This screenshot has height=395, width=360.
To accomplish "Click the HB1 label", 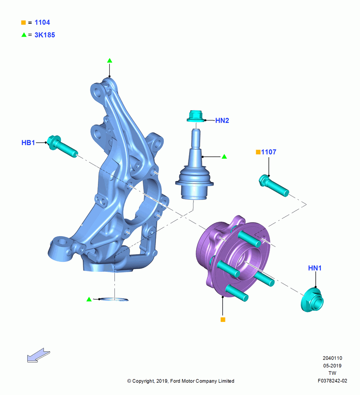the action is pyautogui.click(x=28, y=143).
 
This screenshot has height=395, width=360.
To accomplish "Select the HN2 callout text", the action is pyautogui.click(x=222, y=120).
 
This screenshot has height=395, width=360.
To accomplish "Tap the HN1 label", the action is pyautogui.click(x=315, y=268).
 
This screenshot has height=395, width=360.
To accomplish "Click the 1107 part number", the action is pyautogui.click(x=268, y=152).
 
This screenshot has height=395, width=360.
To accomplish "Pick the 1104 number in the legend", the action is pyautogui.click(x=42, y=23).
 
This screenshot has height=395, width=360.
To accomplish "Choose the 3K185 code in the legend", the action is pyautogui.click(x=45, y=35).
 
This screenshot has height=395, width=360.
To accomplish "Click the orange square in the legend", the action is pyautogui.click(x=23, y=23).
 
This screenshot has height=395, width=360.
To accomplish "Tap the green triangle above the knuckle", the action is pyautogui.click(x=109, y=60).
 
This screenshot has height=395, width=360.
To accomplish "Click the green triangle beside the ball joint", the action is pyautogui.click(x=224, y=157).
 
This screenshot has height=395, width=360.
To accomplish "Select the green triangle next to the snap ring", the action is pyautogui.click(x=89, y=299).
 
